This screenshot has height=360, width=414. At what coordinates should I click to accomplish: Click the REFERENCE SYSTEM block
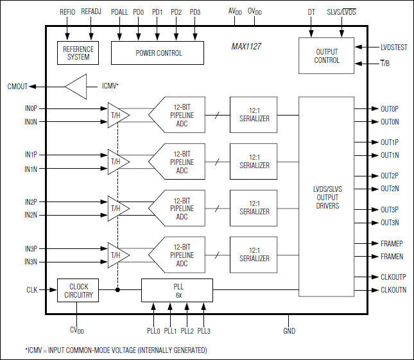click(78, 53)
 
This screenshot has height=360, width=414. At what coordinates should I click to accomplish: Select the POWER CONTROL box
click(157, 53)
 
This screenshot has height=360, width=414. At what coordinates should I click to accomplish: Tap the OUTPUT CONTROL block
click(327, 56)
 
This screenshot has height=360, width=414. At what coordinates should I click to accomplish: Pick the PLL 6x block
click(177, 290)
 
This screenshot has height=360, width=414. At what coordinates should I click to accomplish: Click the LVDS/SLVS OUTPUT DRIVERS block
click(327, 197)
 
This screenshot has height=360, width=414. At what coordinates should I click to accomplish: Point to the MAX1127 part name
click(246, 47)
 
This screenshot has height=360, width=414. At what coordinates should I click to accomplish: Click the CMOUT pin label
click(18, 86)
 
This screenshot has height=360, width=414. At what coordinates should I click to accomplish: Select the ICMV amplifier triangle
click(76, 86)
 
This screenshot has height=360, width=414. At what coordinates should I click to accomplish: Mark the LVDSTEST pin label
click(393, 47)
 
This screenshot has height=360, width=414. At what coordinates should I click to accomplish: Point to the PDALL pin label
click(119, 12)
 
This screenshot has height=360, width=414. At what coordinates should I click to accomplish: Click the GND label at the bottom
click(289, 331)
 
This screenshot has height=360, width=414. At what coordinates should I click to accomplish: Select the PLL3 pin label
click(204, 331)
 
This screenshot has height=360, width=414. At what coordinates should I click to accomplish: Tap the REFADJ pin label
click(92, 12)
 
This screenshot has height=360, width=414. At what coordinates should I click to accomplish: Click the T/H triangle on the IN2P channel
click(116, 208)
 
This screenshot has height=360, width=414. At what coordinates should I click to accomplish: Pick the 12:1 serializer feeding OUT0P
click(254, 115)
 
